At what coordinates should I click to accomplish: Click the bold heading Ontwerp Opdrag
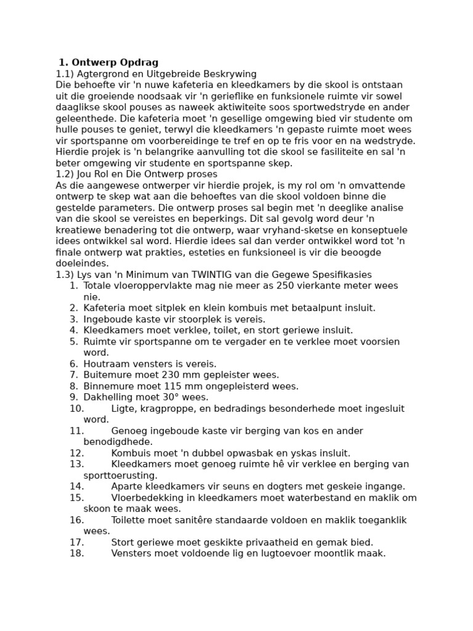[115, 62]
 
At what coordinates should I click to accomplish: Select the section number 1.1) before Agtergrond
[65, 74]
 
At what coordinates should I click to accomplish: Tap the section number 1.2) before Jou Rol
[65, 174]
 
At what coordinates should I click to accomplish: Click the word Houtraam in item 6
[105, 364]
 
